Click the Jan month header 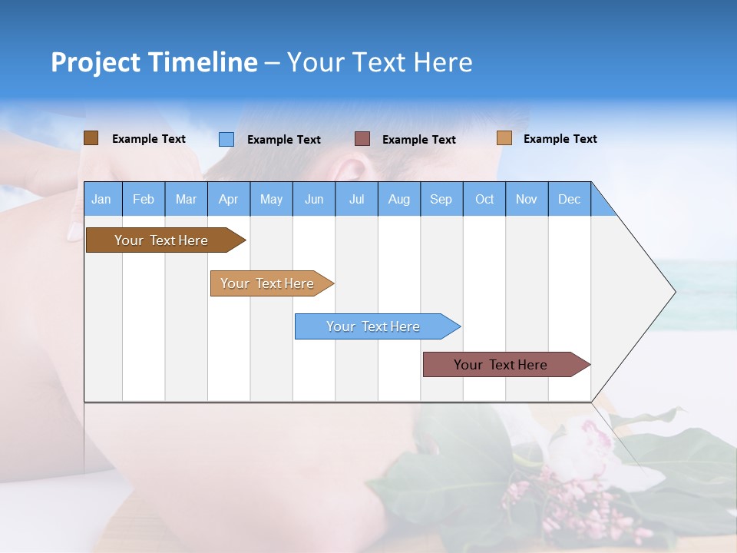102,199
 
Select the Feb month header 144,199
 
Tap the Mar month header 186,199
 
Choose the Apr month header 229,199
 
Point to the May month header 271,199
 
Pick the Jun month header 314,199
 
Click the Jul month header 356,199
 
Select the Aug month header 399,199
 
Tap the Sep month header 441,199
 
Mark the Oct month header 484,199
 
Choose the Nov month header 527,199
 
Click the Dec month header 570,199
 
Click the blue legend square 226,139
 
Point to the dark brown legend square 91,138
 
